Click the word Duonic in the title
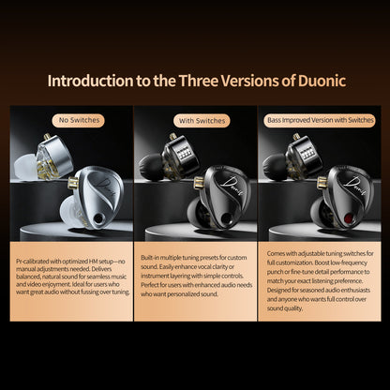pos(308,81)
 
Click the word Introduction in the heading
pos(95,81)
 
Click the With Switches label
pos(195,120)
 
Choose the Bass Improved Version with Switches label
pos(319,120)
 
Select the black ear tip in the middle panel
pos(150,168)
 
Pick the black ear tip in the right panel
pos(274,168)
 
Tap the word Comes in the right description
pos(278,255)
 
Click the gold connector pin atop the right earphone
pos(296,137)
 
